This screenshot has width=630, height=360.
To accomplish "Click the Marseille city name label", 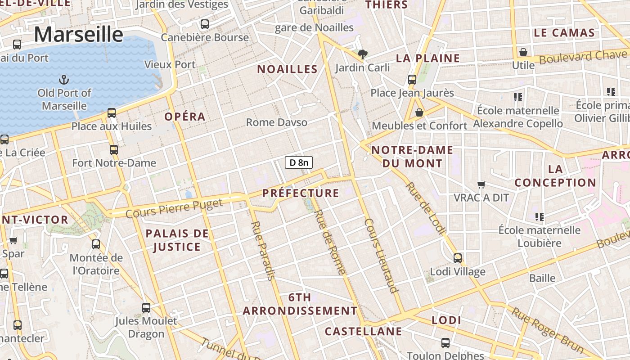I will (x=78, y=35).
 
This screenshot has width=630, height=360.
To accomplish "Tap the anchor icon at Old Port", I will (x=64, y=80).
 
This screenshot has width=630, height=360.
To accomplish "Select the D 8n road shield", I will (x=299, y=162).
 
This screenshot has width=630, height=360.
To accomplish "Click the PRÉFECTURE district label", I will (x=301, y=193).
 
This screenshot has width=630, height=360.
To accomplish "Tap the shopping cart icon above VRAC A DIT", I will (x=481, y=184).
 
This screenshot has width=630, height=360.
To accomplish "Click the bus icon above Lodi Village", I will (x=458, y=258).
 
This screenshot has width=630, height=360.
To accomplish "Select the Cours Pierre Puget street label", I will (x=174, y=208).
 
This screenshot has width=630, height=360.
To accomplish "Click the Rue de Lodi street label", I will (x=425, y=208).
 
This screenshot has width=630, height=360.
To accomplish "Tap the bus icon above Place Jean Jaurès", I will (x=412, y=80).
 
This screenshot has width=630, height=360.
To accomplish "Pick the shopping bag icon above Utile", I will (x=523, y=52).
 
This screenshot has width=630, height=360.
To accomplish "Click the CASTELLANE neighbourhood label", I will (x=363, y=332).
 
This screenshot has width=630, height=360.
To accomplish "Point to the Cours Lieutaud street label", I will (x=382, y=256).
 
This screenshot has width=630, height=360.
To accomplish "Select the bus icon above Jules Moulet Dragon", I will (x=146, y=308).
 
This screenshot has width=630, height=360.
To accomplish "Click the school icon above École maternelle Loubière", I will (x=540, y=217).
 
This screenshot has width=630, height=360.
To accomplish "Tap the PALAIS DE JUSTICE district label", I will (x=177, y=240).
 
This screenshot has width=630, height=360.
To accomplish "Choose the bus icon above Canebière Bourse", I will (x=205, y=24).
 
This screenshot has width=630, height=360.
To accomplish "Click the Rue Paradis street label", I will (x=262, y=250).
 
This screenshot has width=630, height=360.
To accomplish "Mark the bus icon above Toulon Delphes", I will (x=445, y=343).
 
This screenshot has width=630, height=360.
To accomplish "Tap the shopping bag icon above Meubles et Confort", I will (x=419, y=112).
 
